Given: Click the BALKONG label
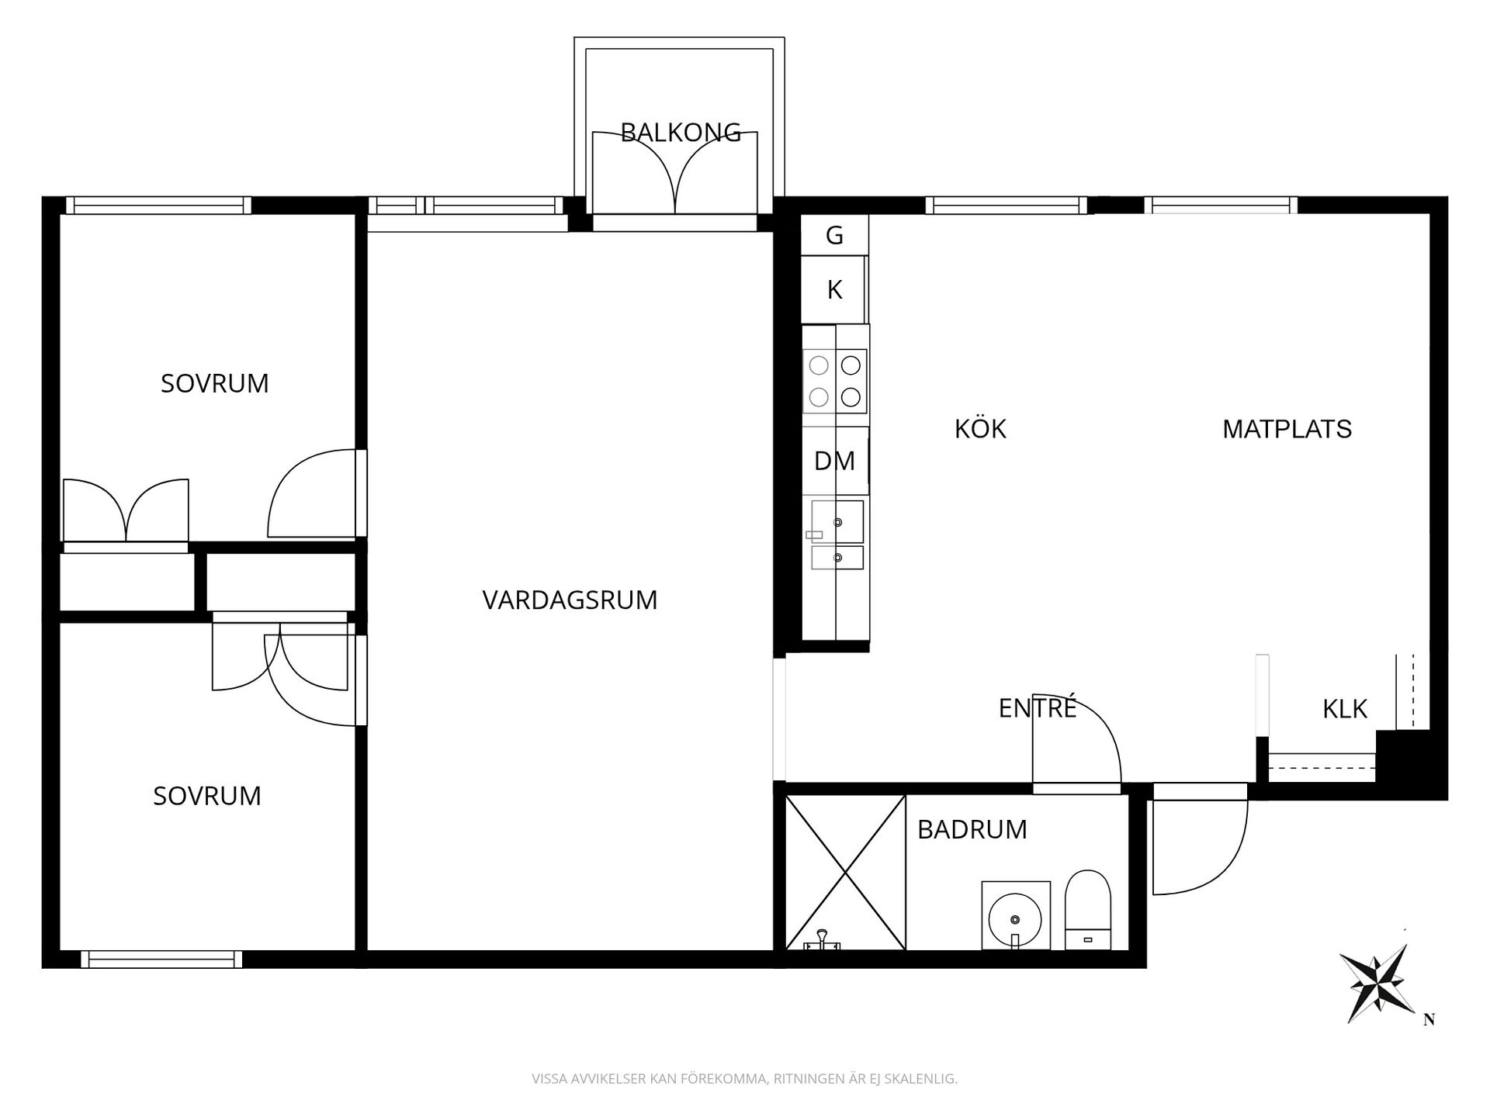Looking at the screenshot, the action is pos(681,133).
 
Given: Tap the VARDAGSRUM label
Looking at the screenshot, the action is pos(570,600).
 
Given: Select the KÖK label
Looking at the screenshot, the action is pos(980,428).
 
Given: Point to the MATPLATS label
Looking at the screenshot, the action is pos(1287,429).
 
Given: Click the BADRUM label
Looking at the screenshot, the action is pos(972,829).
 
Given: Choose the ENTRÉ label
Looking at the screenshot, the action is pos(1038,707).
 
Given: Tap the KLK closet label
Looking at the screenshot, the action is pos(1345,708).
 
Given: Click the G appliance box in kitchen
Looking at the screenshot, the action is pos(834,235).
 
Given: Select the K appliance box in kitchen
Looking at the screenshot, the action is pos(834,289).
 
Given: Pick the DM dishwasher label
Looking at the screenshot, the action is pos(834,461).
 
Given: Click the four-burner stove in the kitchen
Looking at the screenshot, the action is pos(835,381).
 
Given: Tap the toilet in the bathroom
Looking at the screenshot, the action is pos(1087,910).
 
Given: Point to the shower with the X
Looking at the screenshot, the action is pos(845,872).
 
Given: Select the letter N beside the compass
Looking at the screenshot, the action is pos(1429,1020).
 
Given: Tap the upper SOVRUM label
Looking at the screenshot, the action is pos(214,383).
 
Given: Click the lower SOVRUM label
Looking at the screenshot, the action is pos(206,796).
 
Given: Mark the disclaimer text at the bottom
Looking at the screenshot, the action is pos(744,1079).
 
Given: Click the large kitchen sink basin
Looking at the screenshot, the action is pos(837,521).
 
